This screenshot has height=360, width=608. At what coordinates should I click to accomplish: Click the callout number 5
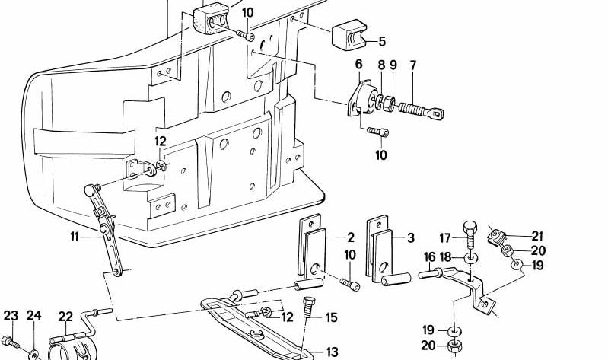[381, 41]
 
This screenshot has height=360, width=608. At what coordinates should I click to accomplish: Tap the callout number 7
[413, 65]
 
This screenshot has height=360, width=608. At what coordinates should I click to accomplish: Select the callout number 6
[358, 65]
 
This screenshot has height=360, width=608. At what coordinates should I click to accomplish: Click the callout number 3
[410, 237]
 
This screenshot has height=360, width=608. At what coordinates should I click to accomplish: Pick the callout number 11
[75, 237]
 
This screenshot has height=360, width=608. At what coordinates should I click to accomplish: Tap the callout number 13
[332, 352]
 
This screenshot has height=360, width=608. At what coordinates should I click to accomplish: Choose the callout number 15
[331, 318]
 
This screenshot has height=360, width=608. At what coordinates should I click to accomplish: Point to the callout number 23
[10, 316]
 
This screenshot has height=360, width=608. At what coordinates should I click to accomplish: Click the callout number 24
[33, 316]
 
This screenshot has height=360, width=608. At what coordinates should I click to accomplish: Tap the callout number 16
[429, 256]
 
